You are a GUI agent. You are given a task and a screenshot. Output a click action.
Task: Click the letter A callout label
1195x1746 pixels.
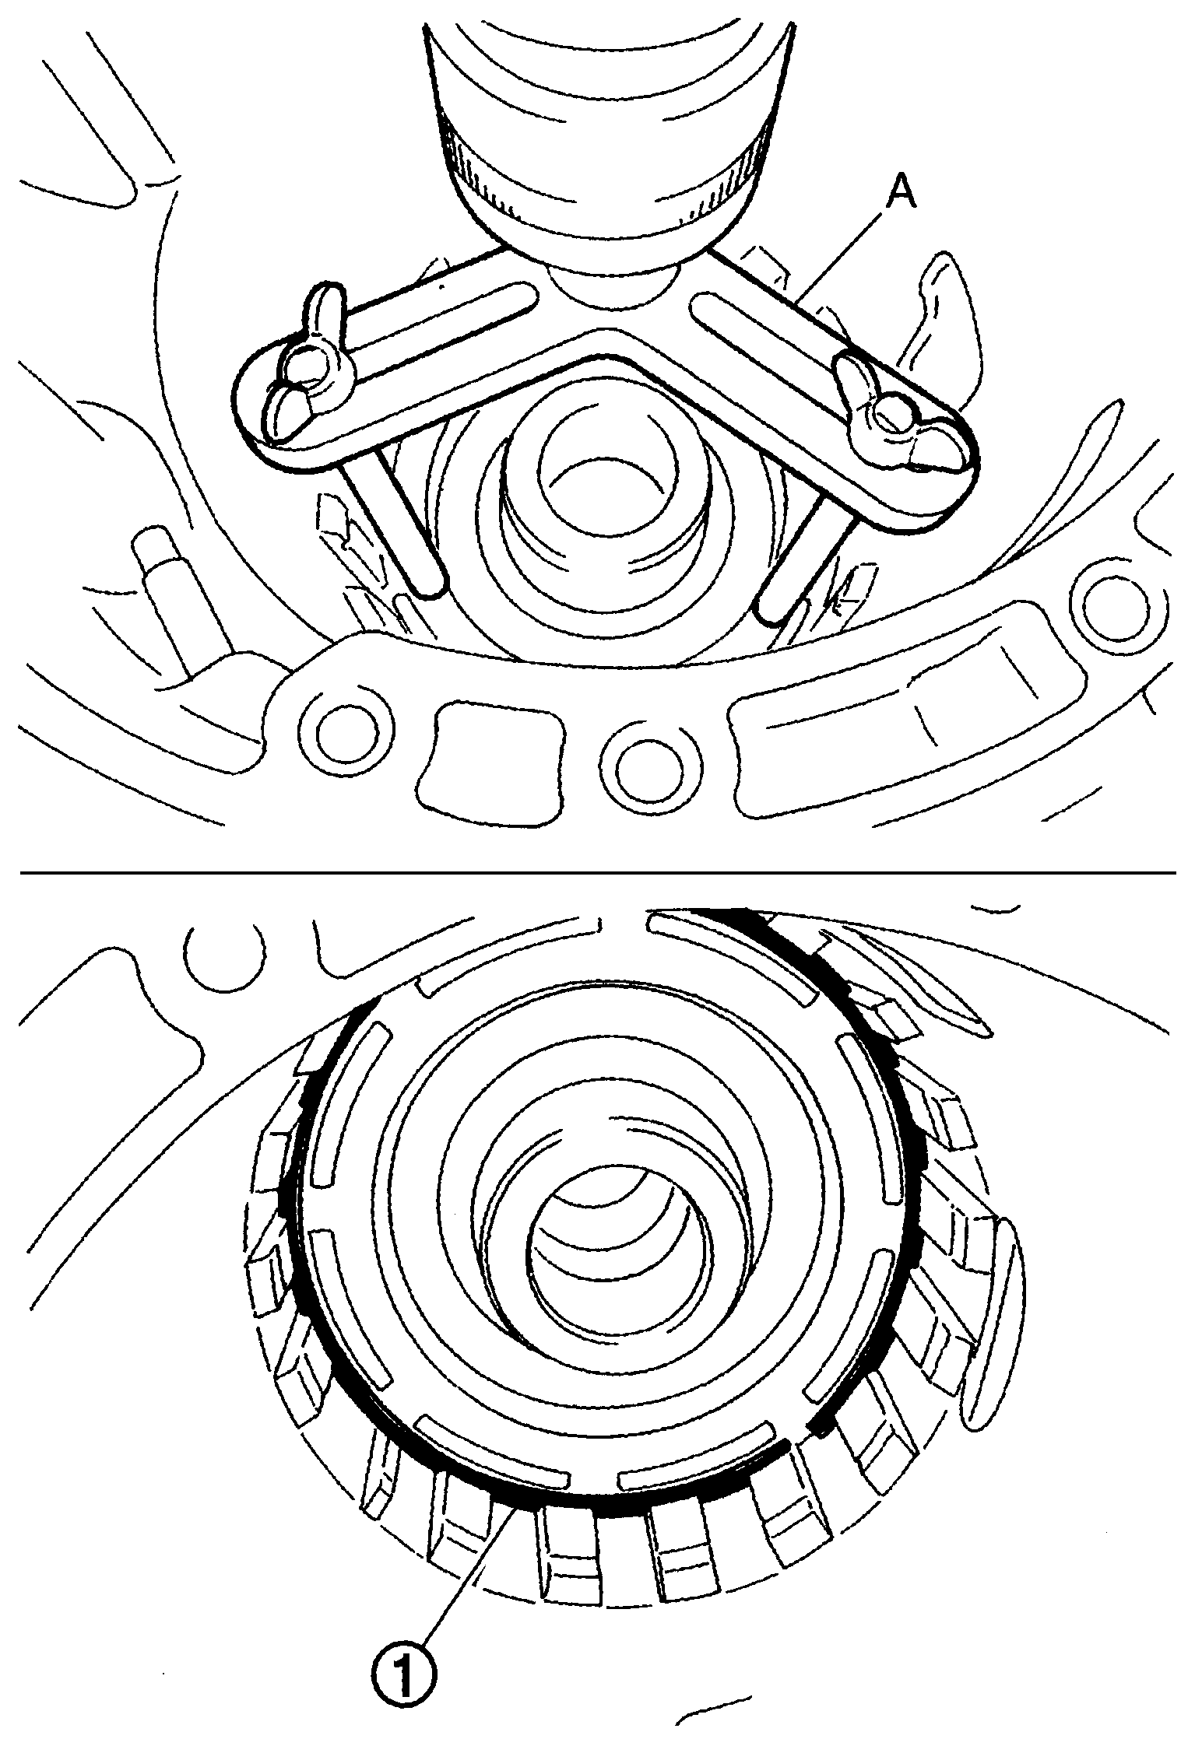pyautogui.click(x=902, y=194)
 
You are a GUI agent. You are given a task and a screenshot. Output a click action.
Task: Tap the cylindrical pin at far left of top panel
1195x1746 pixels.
pyautogui.click(x=167, y=580)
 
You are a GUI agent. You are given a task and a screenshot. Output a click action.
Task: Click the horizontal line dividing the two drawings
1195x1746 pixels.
pyautogui.click(x=597, y=873)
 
